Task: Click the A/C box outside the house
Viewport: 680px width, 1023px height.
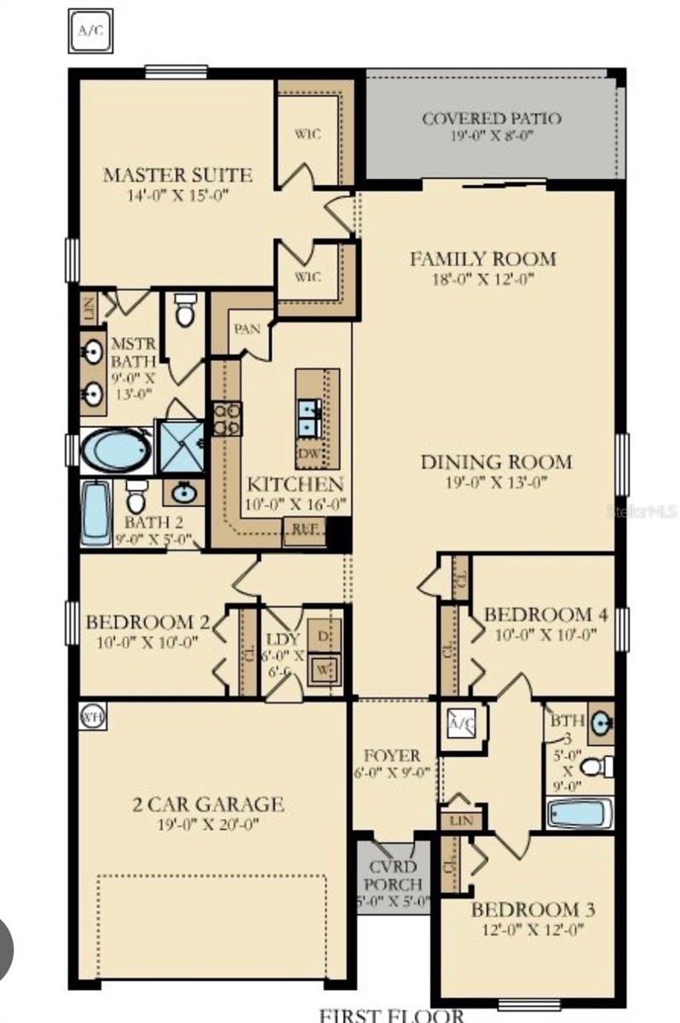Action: pos(89,30)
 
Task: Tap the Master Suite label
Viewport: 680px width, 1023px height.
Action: pos(177,176)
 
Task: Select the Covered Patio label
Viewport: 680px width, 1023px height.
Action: pos(492,118)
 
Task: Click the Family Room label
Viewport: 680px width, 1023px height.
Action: pos(482,258)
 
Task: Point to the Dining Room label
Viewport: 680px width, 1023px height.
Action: pos(496,462)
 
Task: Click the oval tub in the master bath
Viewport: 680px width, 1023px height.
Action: pos(117,449)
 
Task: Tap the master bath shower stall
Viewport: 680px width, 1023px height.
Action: pos(181,446)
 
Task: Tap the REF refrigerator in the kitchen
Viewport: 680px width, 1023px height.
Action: pos(305,529)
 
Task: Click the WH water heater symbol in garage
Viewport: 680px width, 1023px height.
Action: pos(91,716)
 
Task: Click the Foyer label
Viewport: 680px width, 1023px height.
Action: pos(391,756)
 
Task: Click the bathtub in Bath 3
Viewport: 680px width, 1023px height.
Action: pos(578,812)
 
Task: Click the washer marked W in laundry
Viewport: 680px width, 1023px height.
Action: pos(324,668)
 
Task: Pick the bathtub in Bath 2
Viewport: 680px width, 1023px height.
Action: pos(96,512)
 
